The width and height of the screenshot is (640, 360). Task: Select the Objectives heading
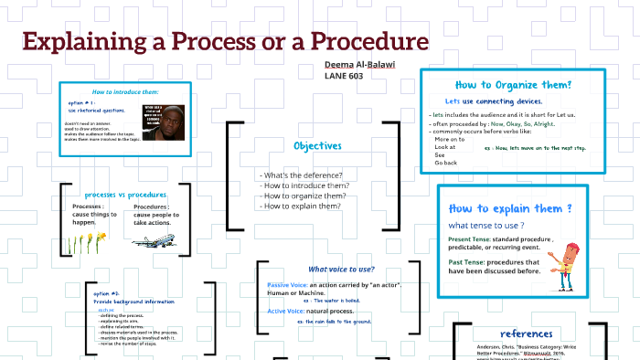[317, 146]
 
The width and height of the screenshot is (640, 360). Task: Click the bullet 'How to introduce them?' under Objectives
[305, 185]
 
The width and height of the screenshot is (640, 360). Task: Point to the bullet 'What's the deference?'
[301, 175]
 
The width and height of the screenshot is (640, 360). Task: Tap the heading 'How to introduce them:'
[125, 92]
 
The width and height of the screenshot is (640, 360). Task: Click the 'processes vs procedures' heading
[125, 195]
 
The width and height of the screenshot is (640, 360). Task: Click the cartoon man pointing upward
[571, 265]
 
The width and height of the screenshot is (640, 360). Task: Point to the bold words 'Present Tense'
[470, 239]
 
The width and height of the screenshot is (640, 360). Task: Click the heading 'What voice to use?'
[341, 269]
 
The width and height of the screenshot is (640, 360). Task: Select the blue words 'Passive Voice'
[287, 285]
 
